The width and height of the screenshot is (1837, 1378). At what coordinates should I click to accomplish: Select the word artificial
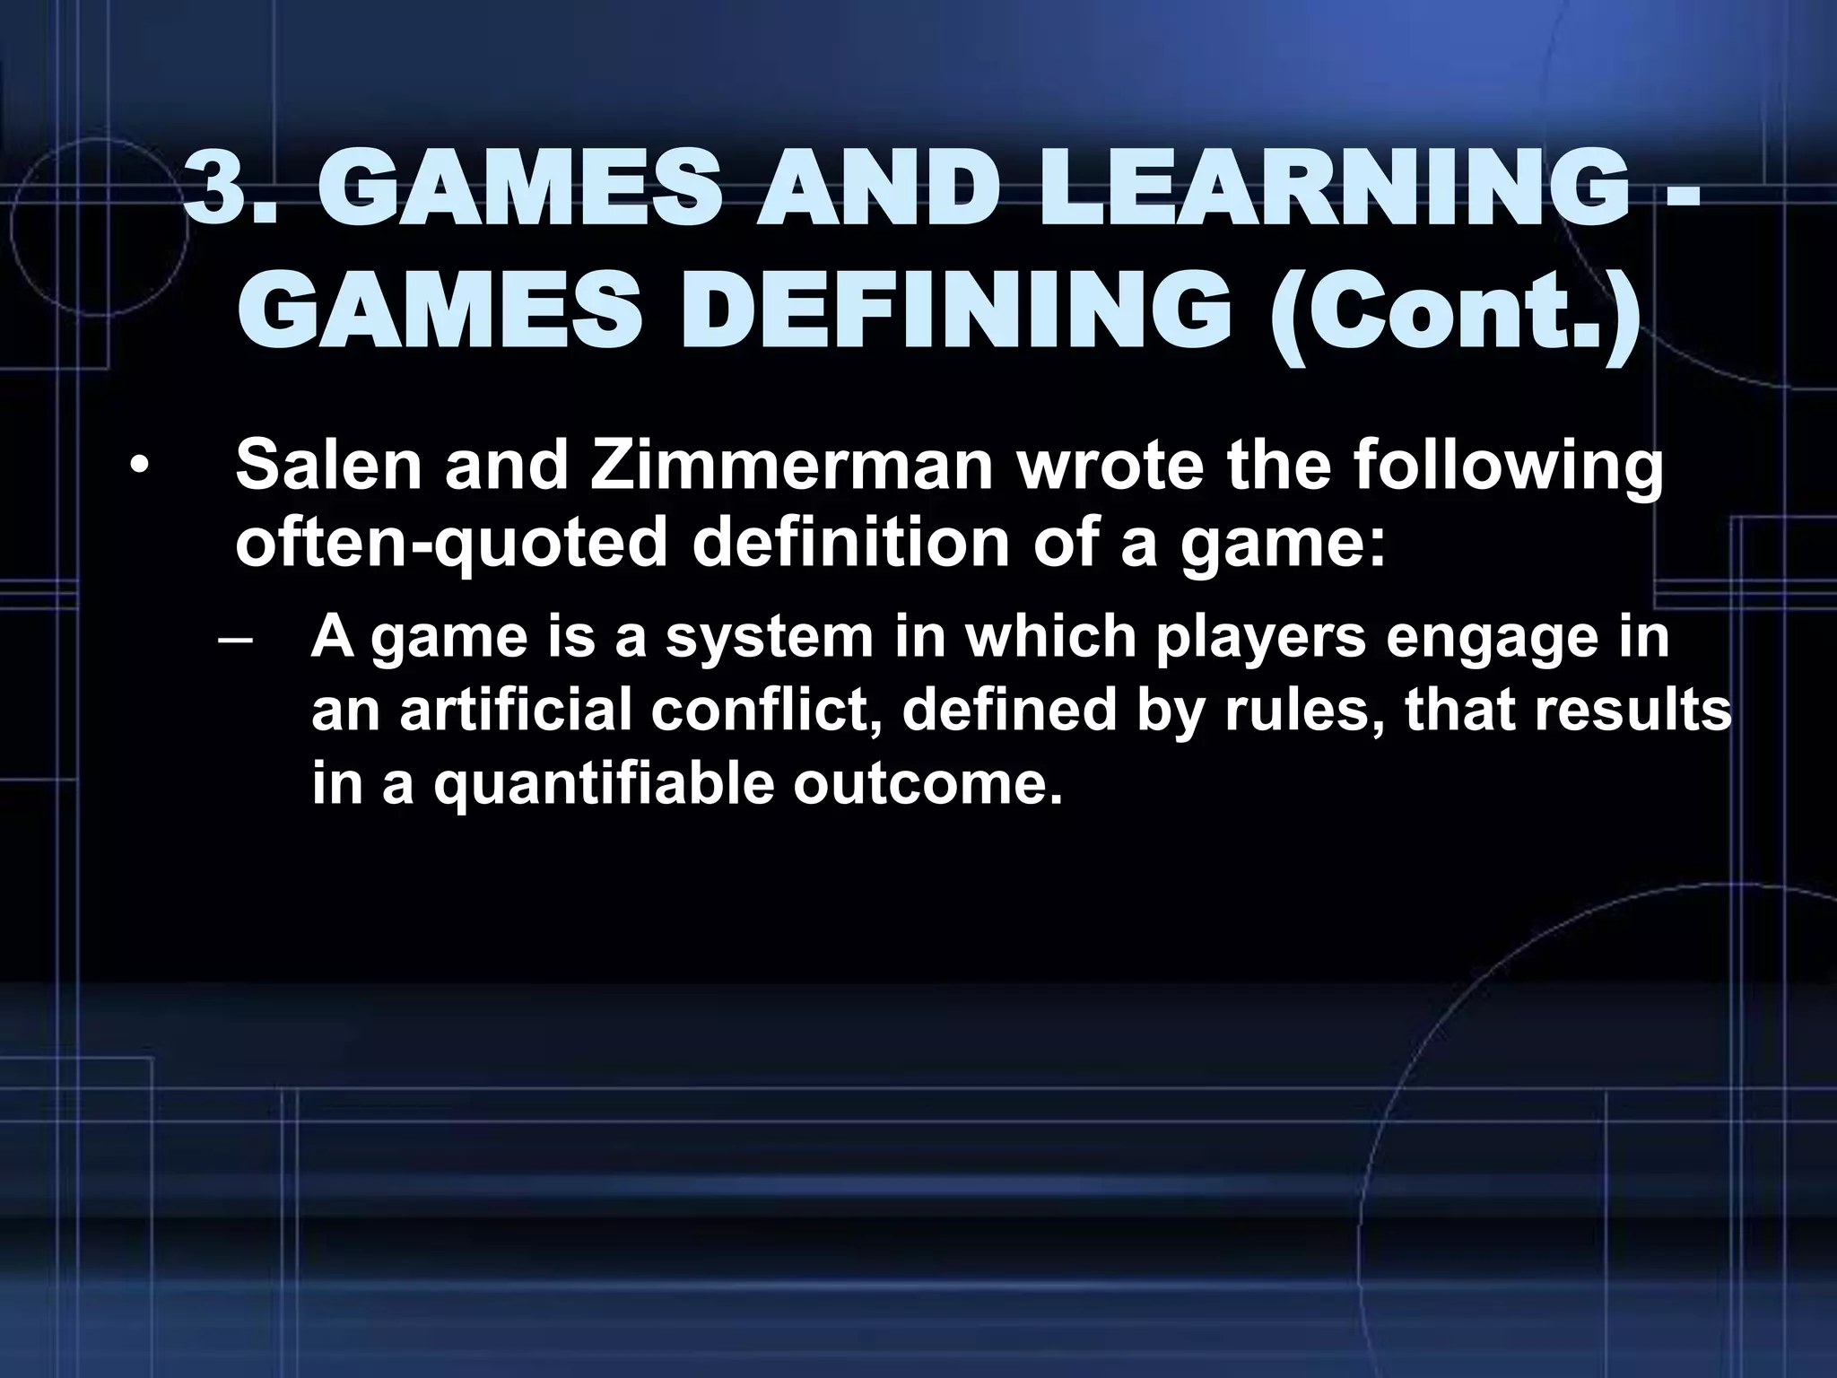coord(516,711)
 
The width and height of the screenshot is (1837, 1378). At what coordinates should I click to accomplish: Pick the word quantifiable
coord(604,784)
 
